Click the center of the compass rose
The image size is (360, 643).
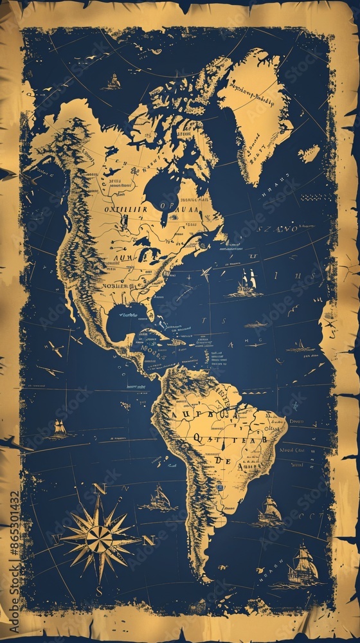tap(100, 539)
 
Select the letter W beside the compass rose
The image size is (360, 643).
tap(57, 538)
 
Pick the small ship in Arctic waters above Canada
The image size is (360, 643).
tap(113, 81)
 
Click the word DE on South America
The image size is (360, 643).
tap(224, 460)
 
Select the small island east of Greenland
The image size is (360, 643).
tap(310, 153)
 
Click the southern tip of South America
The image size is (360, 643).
tap(204, 579)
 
